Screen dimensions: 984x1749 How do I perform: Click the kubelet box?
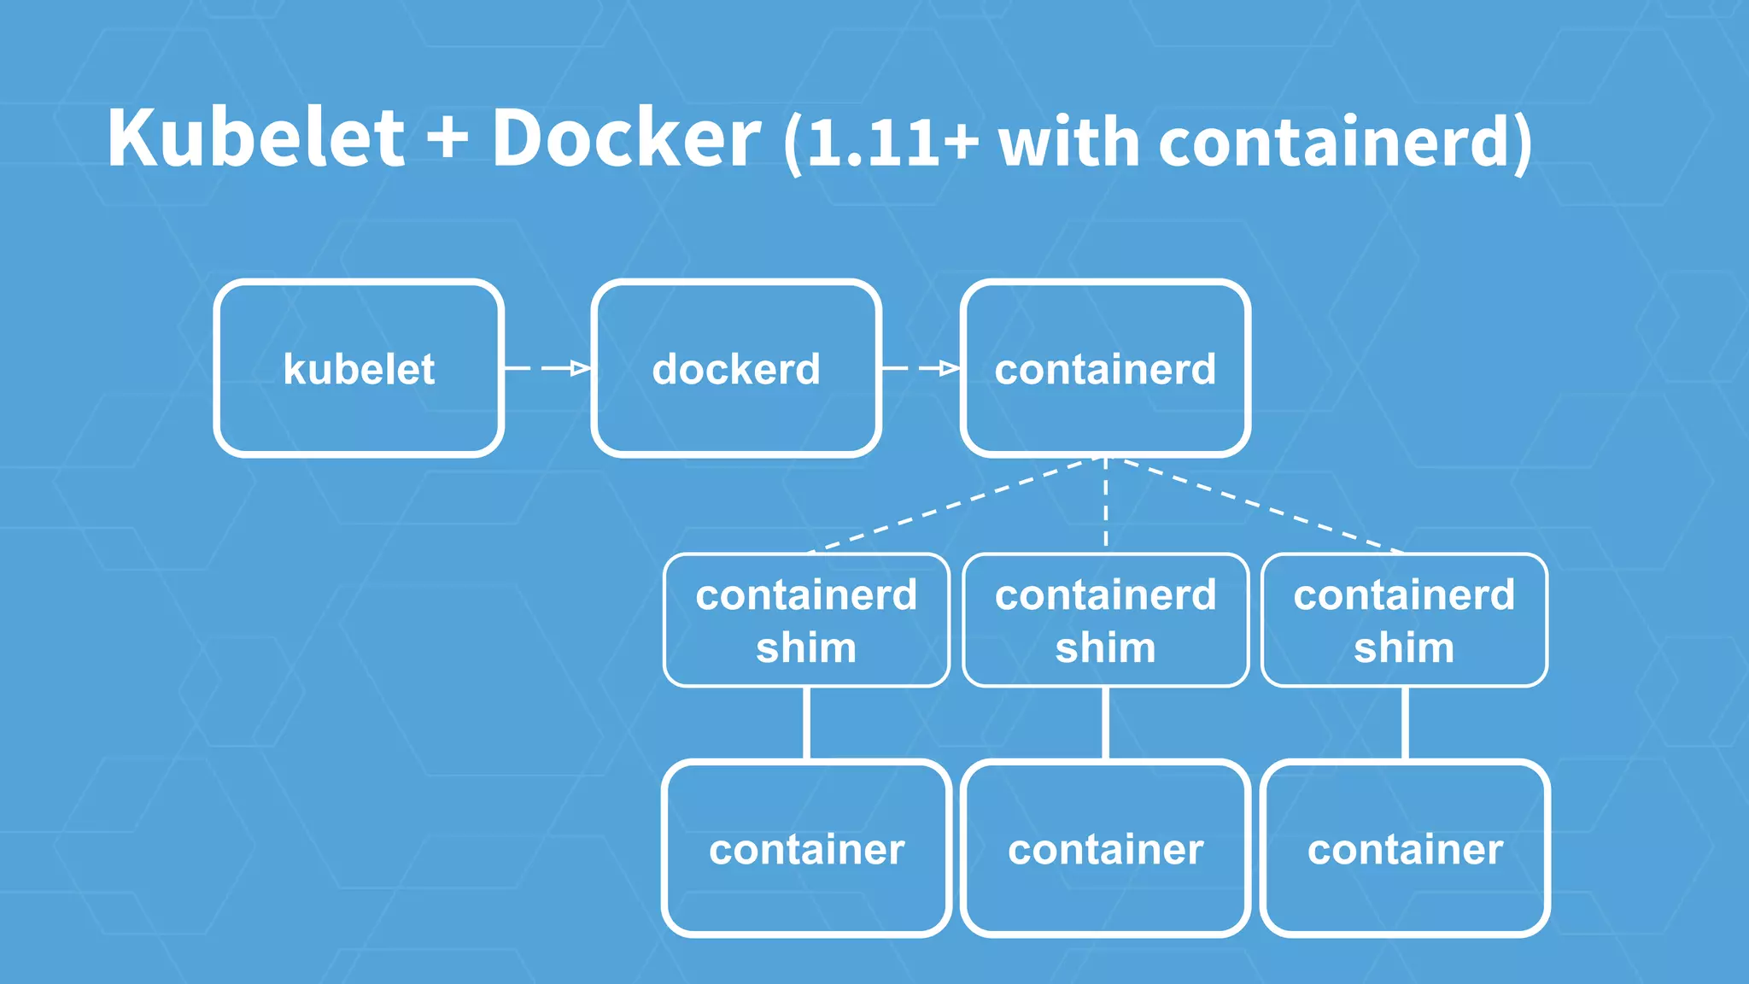click(359, 368)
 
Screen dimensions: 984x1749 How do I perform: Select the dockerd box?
click(735, 368)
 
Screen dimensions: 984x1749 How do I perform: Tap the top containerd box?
click(1105, 368)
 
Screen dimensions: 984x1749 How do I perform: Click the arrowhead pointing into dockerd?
click(581, 368)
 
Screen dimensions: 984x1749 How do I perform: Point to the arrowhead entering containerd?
click(950, 368)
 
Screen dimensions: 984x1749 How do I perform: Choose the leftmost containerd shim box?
click(806, 620)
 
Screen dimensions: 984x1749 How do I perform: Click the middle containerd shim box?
click(1105, 620)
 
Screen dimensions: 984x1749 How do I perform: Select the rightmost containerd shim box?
click(1404, 620)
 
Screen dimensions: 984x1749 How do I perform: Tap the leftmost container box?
click(806, 848)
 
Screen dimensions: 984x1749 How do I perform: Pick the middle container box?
click(1105, 848)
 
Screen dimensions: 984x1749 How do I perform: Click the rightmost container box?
click(1404, 848)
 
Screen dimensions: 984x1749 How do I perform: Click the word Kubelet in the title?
click(255, 138)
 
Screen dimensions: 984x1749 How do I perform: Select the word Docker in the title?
click(625, 138)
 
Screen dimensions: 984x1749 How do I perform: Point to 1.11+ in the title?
click(892, 142)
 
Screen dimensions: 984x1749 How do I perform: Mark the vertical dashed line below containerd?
click(1106, 504)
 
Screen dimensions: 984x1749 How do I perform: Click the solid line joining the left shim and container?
click(806, 723)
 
